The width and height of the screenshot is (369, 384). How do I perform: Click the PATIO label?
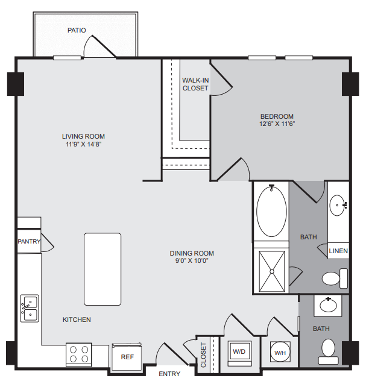[x=77, y=30]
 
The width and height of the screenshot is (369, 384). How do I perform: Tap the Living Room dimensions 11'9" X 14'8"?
[x=84, y=144]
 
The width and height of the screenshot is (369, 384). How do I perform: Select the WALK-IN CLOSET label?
[x=195, y=84]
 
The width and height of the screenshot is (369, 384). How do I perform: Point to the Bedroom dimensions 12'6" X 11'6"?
[x=277, y=124]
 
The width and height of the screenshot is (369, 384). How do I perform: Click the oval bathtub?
[x=271, y=212]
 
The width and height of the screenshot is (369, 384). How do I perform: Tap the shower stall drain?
[x=272, y=272]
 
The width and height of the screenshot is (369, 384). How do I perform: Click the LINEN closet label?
[x=338, y=251]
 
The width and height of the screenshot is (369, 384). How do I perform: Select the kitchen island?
[x=102, y=269]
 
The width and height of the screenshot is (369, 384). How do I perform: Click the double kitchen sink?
[x=30, y=308]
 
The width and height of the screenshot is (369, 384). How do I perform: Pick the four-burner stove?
[x=79, y=354]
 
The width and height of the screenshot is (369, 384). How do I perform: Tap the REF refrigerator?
[x=127, y=357]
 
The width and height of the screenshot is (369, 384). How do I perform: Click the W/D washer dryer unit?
[x=239, y=353]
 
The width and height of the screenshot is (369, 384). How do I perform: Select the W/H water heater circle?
[x=280, y=352]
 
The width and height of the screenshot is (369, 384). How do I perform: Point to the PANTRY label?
[x=29, y=242]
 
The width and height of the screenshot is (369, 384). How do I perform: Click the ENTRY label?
[x=169, y=374]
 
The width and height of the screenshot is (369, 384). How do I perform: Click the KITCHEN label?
[x=77, y=319]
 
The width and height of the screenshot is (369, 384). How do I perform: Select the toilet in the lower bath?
[x=329, y=351]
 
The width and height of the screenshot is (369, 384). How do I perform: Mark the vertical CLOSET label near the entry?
[x=204, y=355]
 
